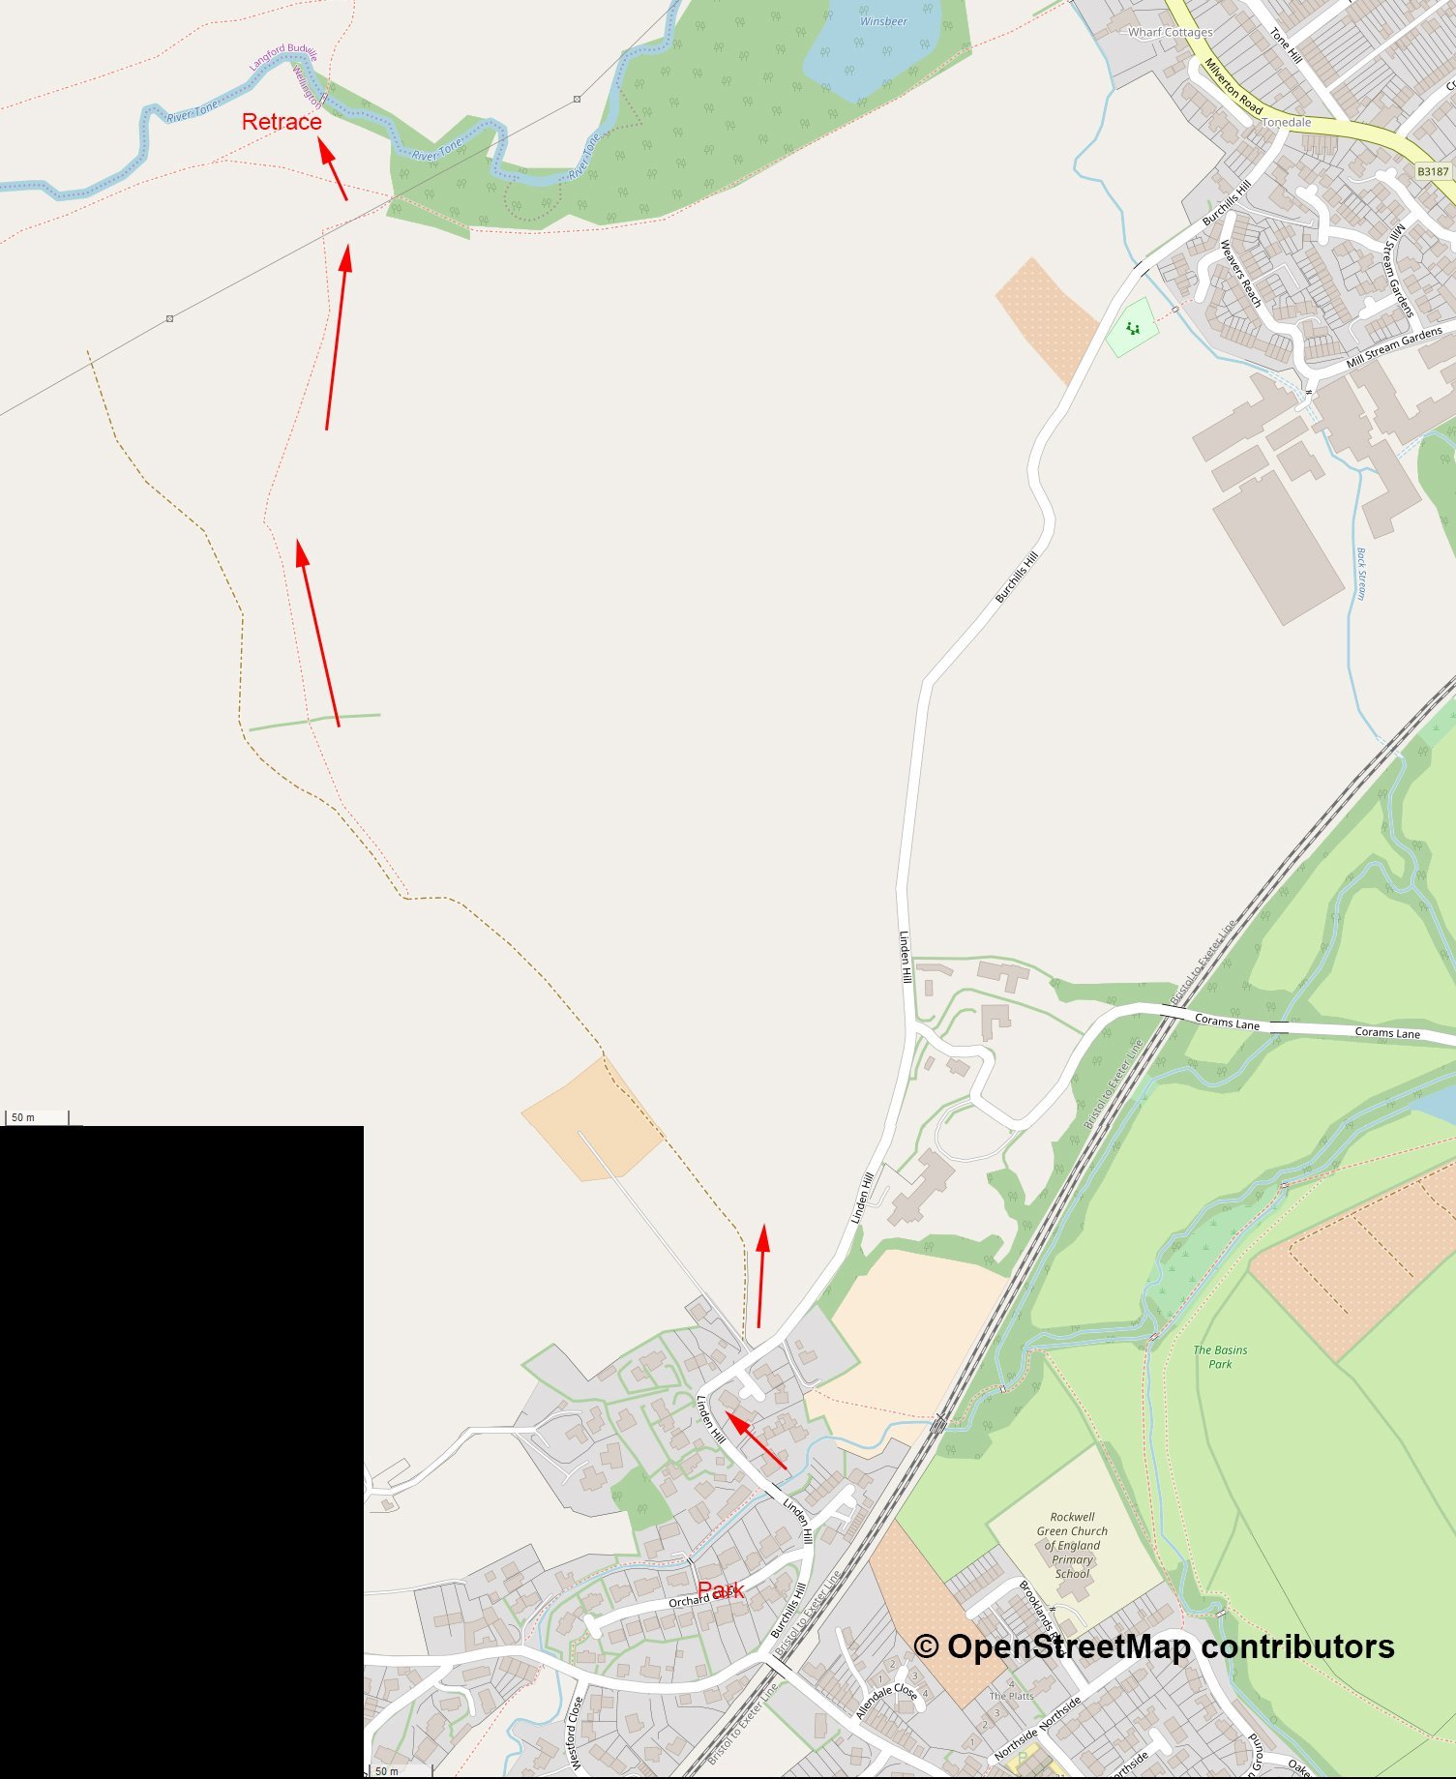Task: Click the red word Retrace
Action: [282, 122]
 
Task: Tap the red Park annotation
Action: [721, 1590]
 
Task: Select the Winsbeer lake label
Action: [883, 21]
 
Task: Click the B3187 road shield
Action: [1433, 171]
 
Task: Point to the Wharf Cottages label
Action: [1170, 32]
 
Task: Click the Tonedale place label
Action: [1287, 123]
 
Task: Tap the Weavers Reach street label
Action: [1240, 274]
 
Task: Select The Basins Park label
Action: [1220, 1356]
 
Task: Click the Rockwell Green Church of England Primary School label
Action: [1072, 1545]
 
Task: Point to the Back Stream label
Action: [1361, 574]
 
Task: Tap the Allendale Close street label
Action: [886, 1700]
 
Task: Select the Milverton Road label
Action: [1233, 86]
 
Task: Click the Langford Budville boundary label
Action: [282, 57]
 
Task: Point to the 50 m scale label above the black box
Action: [23, 1117]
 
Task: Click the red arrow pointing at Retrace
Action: [333, 171]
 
